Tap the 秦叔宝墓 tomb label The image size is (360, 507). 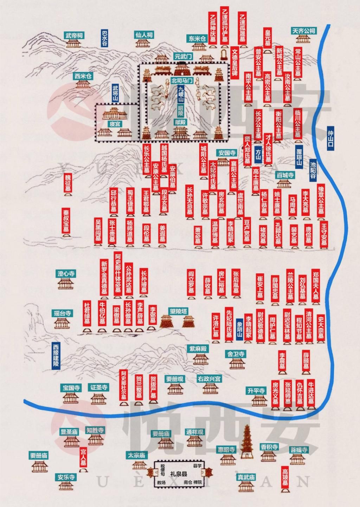click(x=66, y=221)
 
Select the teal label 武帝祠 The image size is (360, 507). click(x=74, y=35)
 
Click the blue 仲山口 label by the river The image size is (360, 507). click(x=330, y=138)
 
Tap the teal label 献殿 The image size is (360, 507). click(x=180, y=122)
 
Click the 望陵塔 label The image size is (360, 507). click(x=179, y=311)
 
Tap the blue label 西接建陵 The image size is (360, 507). click(x=56, y=355)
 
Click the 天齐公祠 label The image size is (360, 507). click(x=304, y=31)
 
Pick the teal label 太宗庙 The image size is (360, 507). click(x=136, y=455)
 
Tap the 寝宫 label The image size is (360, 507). click(x=114, y=124)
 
